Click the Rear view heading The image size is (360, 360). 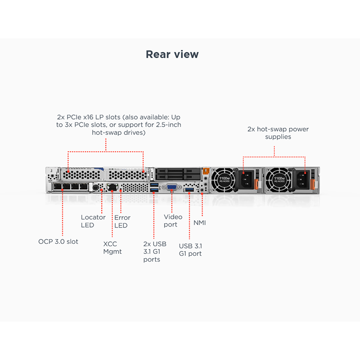(172, 54)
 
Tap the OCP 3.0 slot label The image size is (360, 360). (58, 241)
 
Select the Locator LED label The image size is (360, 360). (93, 221)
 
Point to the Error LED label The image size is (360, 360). (122, 221)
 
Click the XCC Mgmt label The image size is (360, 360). (112, 248)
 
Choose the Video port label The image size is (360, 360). (173, 221)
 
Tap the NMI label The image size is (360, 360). (200, 223)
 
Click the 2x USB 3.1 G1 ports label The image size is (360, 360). (155, 252)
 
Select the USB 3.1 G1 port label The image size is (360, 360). (191, 250)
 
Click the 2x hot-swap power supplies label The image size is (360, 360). (278, 133)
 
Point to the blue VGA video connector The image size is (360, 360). (171, 187)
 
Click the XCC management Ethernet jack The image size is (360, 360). (112, 187)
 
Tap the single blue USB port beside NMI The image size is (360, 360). (190, 190)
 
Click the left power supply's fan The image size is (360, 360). (223, 180)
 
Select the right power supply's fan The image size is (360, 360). (278, 180)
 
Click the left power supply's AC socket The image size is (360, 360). (246, 180)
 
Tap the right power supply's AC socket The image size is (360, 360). (302, 180)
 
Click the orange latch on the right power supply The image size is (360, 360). (312, 184)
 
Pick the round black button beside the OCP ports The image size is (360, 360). (96, 188)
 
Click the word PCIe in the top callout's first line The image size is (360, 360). (74, 117)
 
